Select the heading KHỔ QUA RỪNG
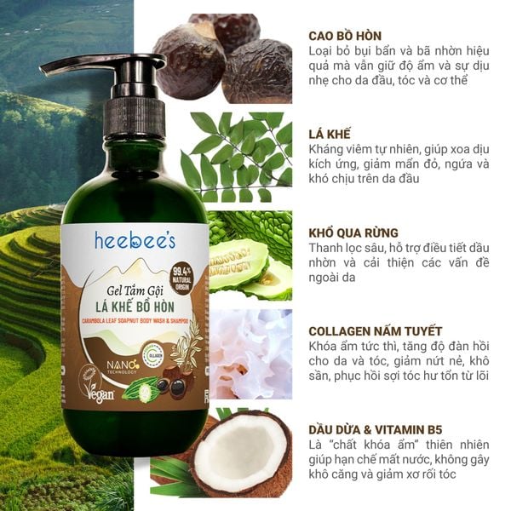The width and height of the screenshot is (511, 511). [353, 232]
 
